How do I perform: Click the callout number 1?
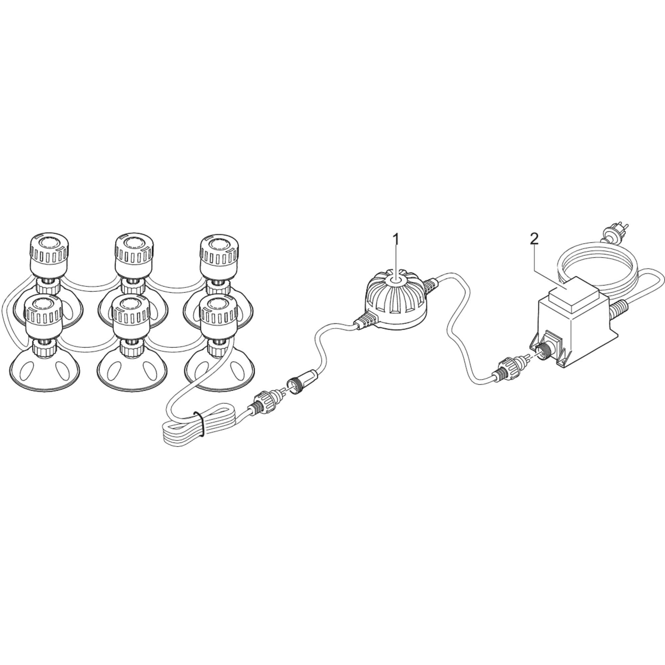[397, 239]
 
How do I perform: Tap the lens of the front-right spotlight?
[218, 304]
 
